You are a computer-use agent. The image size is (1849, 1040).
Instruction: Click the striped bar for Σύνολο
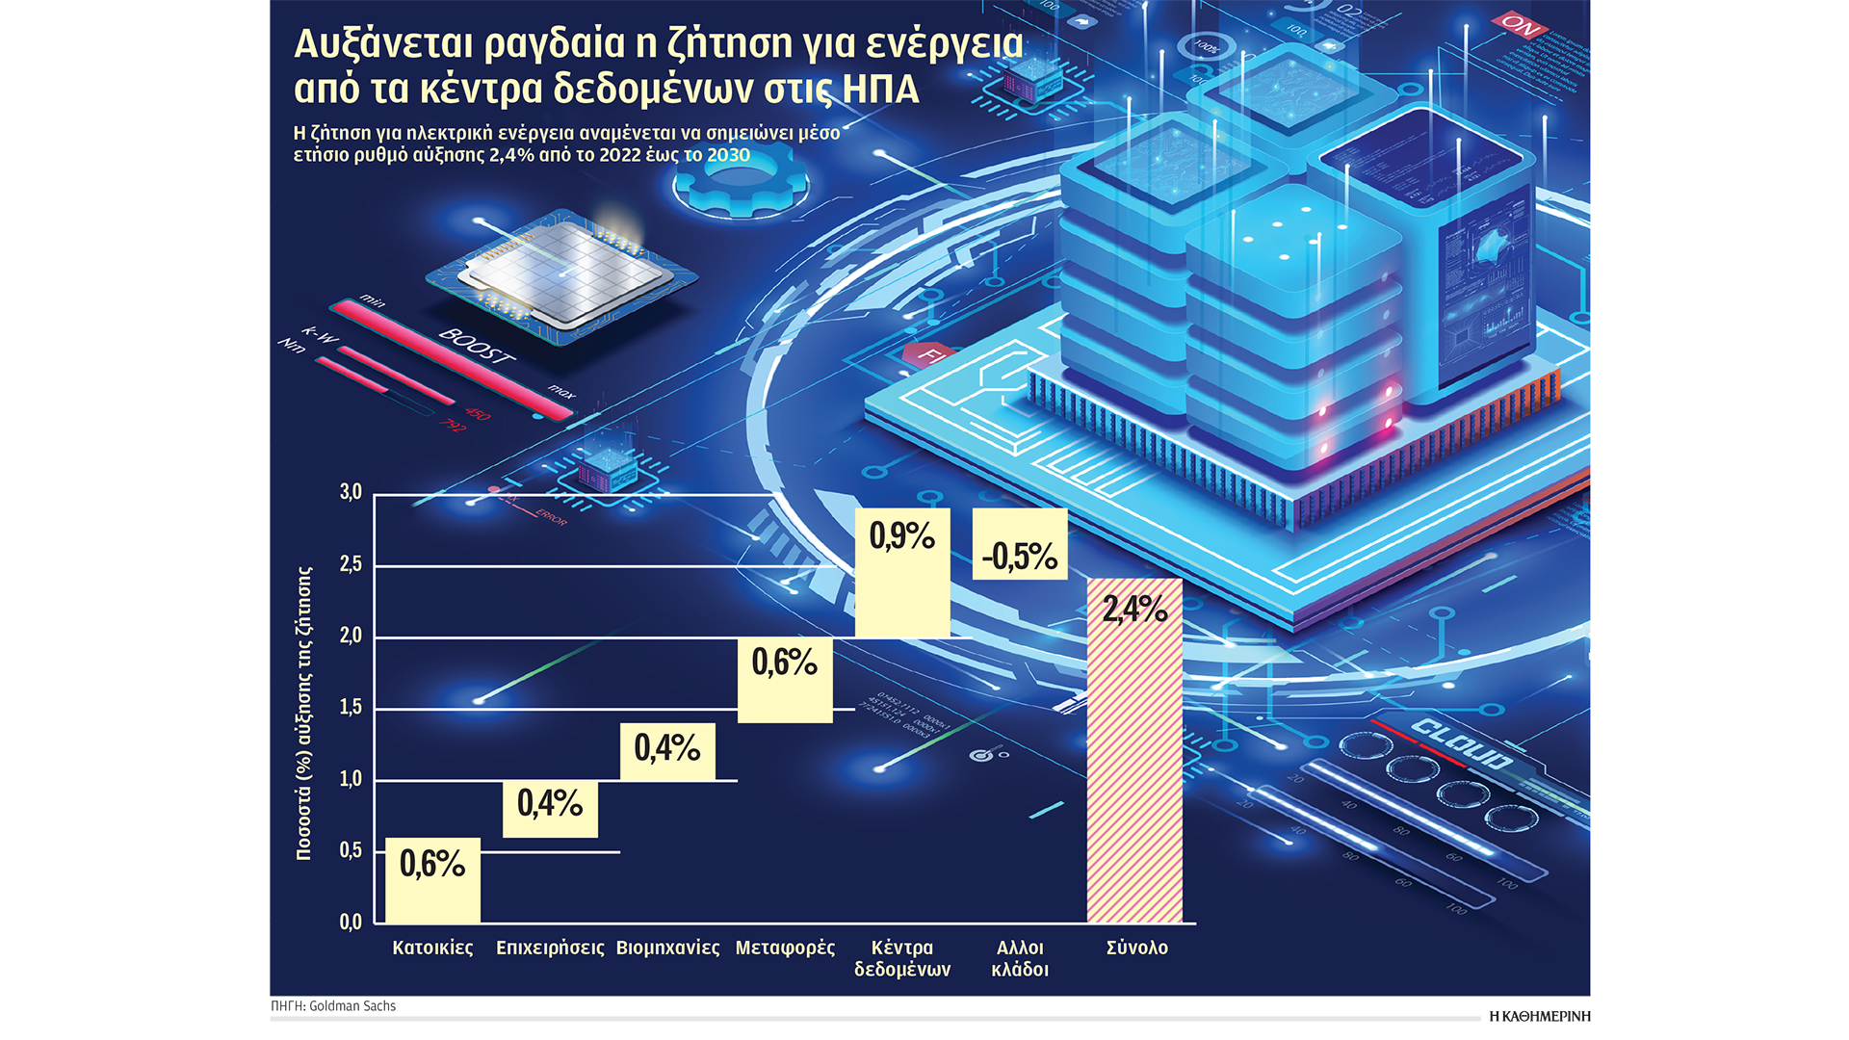pos(1134,761)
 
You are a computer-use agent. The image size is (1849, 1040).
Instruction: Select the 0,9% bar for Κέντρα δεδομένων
pos(902,574)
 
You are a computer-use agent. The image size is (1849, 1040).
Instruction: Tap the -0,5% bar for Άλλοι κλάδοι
pos(1020,544)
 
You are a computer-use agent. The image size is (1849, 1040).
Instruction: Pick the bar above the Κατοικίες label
pos(432,880)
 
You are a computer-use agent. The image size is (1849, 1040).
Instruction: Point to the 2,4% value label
pos(1134,609)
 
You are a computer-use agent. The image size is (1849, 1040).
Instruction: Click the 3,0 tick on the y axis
pos(351,493)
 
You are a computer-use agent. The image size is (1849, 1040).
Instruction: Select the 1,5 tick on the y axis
pos(351,708)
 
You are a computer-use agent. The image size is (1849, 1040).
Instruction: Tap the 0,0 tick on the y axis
pos(351,923)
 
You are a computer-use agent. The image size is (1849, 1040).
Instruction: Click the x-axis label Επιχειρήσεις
pos(550,949)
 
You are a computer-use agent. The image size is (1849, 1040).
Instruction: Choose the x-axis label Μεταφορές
pos(785,949)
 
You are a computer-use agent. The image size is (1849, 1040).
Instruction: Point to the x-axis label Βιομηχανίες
pos(667,949)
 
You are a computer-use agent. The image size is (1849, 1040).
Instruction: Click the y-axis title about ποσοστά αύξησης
pos(304,713)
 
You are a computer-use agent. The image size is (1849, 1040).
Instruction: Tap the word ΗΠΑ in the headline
pos(880,90)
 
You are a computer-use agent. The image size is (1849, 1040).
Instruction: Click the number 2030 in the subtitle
pos(728,156)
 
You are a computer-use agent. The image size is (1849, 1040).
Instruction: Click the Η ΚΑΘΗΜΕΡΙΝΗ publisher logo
pos(1539,1016)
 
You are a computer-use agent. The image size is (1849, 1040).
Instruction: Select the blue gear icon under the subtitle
pos(740,183)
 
